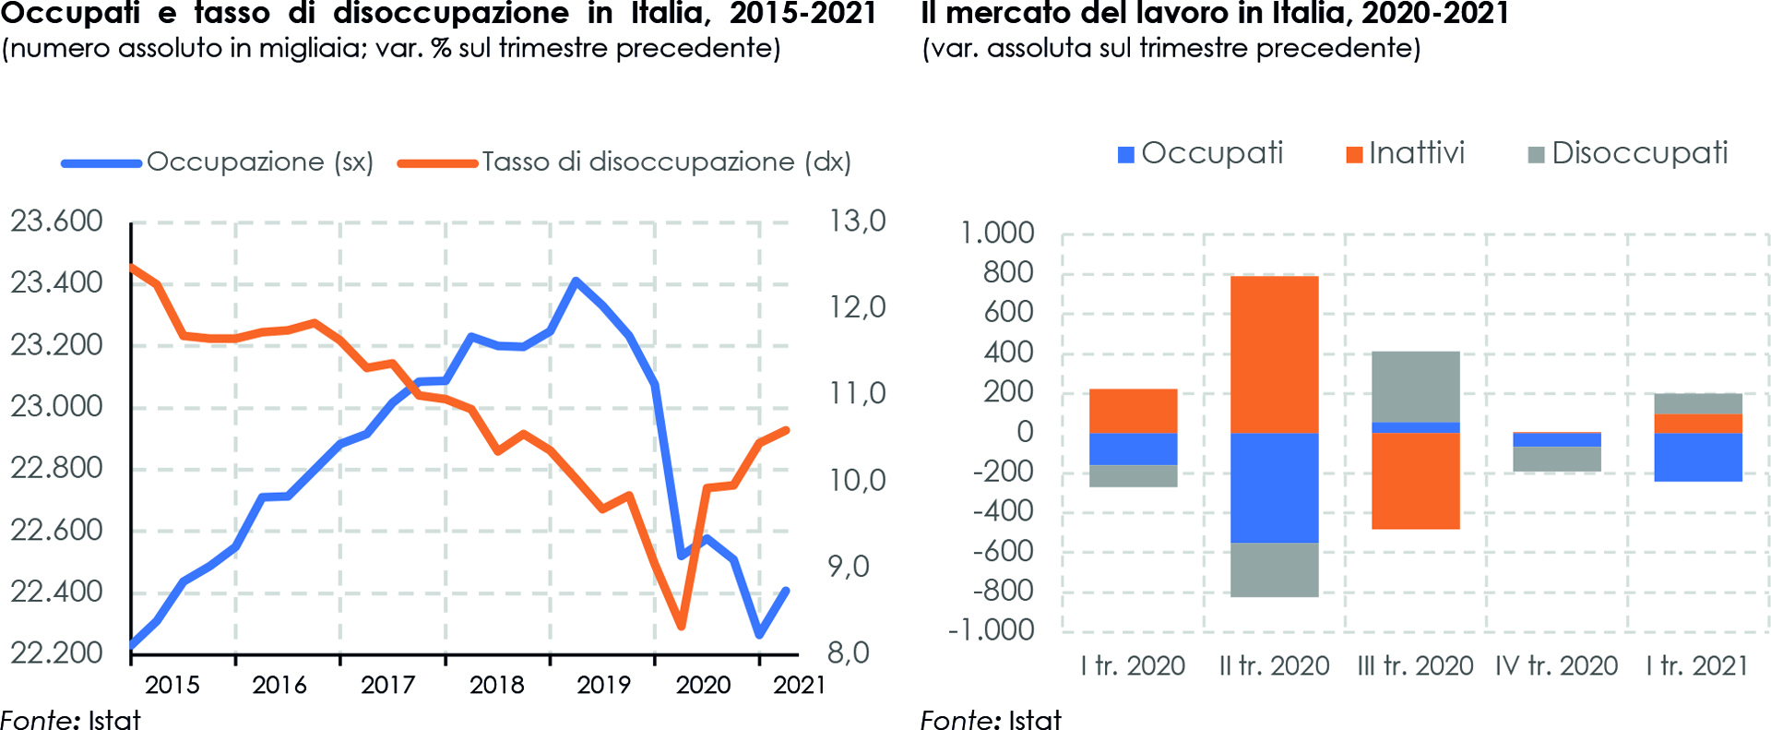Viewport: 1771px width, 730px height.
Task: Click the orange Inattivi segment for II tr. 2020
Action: pos(1274,354)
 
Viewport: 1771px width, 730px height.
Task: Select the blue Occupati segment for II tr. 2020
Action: pos(1274,487)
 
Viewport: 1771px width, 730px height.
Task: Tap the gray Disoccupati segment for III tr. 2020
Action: pos(1415,387)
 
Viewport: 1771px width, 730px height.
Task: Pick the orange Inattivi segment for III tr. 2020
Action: pos(1415,481)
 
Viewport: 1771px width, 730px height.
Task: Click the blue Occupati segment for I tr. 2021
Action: pos(1697,457)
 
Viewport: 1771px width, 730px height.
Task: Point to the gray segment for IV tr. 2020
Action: pos(1556,459)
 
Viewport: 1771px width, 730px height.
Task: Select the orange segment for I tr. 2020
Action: pos(1133,411)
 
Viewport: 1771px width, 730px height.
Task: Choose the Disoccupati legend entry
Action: pos(1628,153)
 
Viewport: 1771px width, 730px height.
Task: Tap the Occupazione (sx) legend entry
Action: pos(218,162)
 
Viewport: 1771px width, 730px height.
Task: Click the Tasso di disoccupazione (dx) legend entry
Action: pos(624,162)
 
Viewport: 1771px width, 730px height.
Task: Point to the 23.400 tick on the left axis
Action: pos(56,282)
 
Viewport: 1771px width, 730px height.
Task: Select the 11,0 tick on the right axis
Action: pos(857,394)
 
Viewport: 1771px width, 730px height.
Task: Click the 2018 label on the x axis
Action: pos(496,685)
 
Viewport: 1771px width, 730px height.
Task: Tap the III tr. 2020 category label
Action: pos(1415,666)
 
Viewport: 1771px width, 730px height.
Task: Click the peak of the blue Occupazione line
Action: pos(576,281)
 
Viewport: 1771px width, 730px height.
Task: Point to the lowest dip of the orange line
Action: pos(682,627)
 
